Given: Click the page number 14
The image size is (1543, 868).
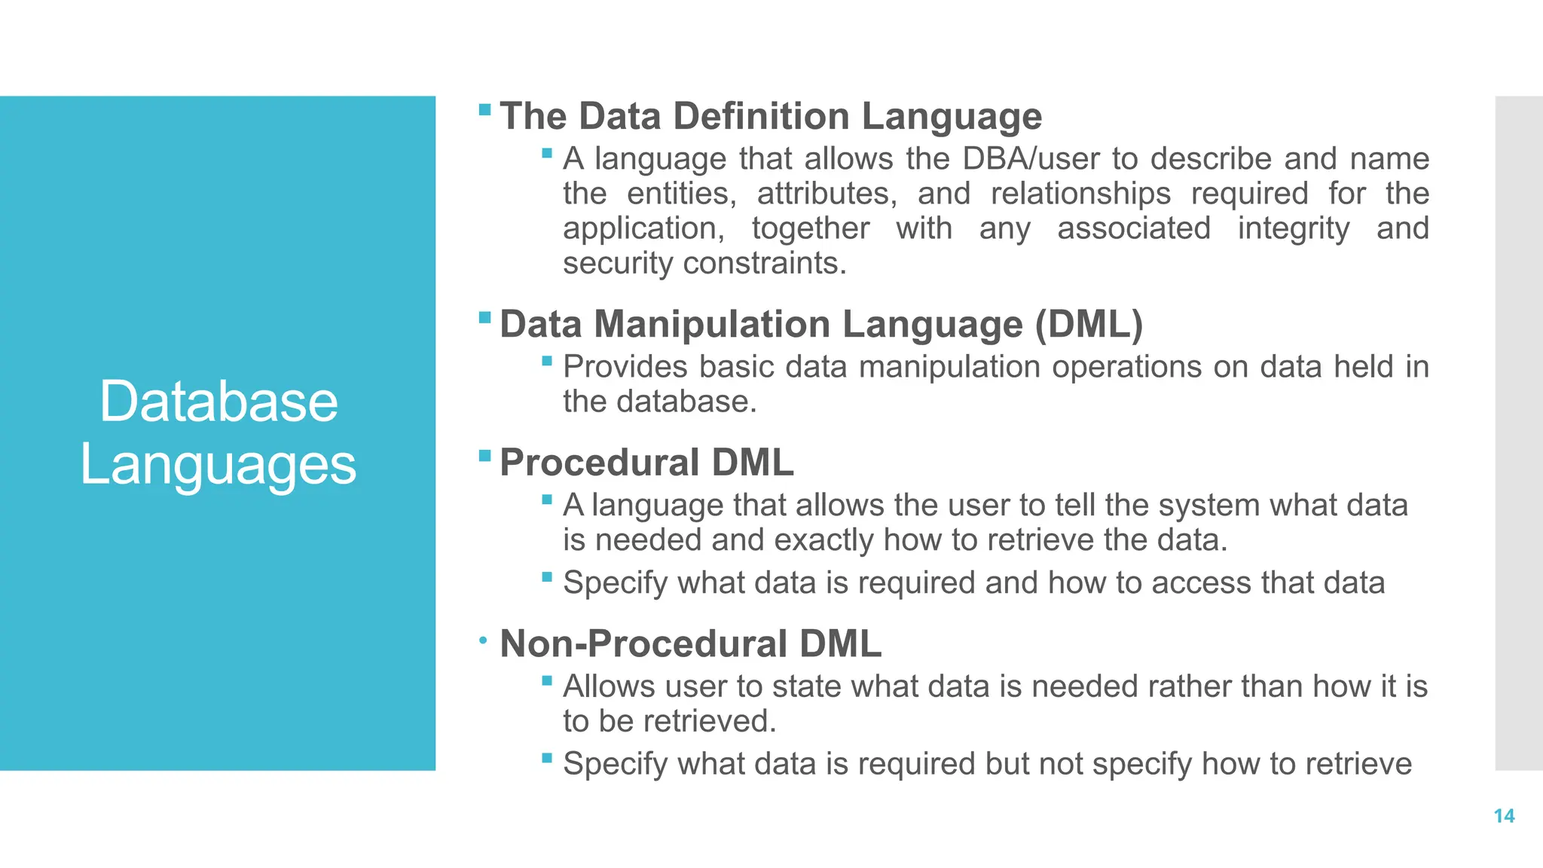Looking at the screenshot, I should coord(1504,816).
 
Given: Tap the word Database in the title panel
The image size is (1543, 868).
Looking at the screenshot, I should coord(218,402).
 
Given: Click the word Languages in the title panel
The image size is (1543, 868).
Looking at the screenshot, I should coord(218,465).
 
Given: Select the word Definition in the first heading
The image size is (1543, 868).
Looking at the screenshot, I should coord(761,116).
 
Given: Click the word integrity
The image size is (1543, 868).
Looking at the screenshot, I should coord(1293,228).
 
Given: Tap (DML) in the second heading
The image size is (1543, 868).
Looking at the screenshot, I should coord(1089,324).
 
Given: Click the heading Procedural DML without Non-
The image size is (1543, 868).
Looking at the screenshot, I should coord(646,462).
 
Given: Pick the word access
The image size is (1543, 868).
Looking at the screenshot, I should coord(1201,583).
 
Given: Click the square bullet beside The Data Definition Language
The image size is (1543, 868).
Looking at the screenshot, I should coord(484,111).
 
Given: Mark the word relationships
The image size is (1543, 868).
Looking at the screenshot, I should coord(1080,194).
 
